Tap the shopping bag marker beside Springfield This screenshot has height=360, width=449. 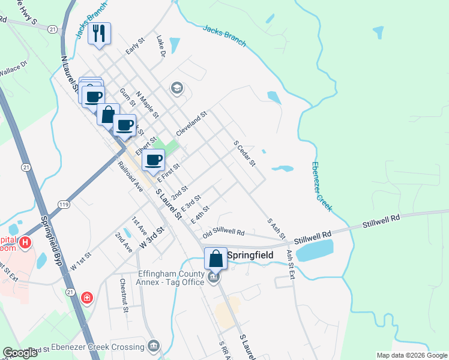pos(216,259)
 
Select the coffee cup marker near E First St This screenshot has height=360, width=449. pos(153,160)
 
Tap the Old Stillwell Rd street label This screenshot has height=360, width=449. pos(223,232)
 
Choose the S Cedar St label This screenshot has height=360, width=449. pos(244,154)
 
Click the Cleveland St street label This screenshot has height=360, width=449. pos(191,122)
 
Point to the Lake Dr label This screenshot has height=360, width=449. pos(160,46)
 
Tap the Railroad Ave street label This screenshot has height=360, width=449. pos(130,176)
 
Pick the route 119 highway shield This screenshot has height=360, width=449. pos(63,205)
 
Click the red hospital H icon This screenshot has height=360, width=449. pos(25,243)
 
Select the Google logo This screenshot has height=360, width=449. pos(20,353)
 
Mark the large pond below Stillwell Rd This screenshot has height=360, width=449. pos(315,250)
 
